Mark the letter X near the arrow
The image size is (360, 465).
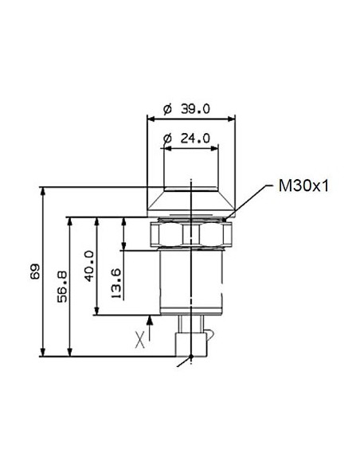140,340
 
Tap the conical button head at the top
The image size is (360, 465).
191,200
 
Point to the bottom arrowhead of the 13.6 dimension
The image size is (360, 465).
124,247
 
